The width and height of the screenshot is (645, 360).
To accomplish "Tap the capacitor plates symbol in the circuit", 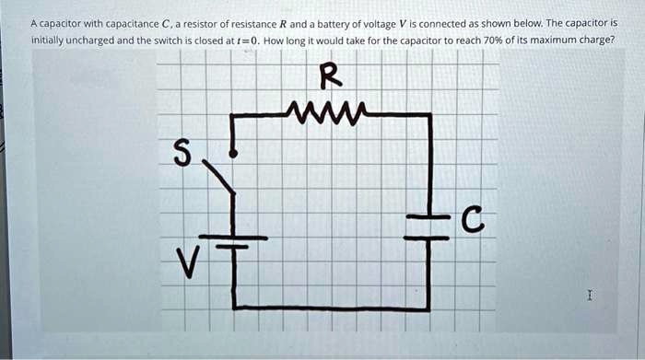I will pyautogui.click(x=428, y=226).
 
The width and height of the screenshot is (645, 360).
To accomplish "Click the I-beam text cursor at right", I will pyautogui.click(x=588, y=296).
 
